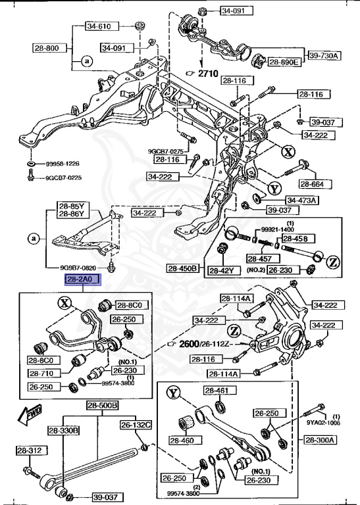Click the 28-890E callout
(x=284, y=62)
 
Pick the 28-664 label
(x=315, y=183)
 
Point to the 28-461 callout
(x=215, y=391)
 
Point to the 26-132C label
(x=136, y=425)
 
